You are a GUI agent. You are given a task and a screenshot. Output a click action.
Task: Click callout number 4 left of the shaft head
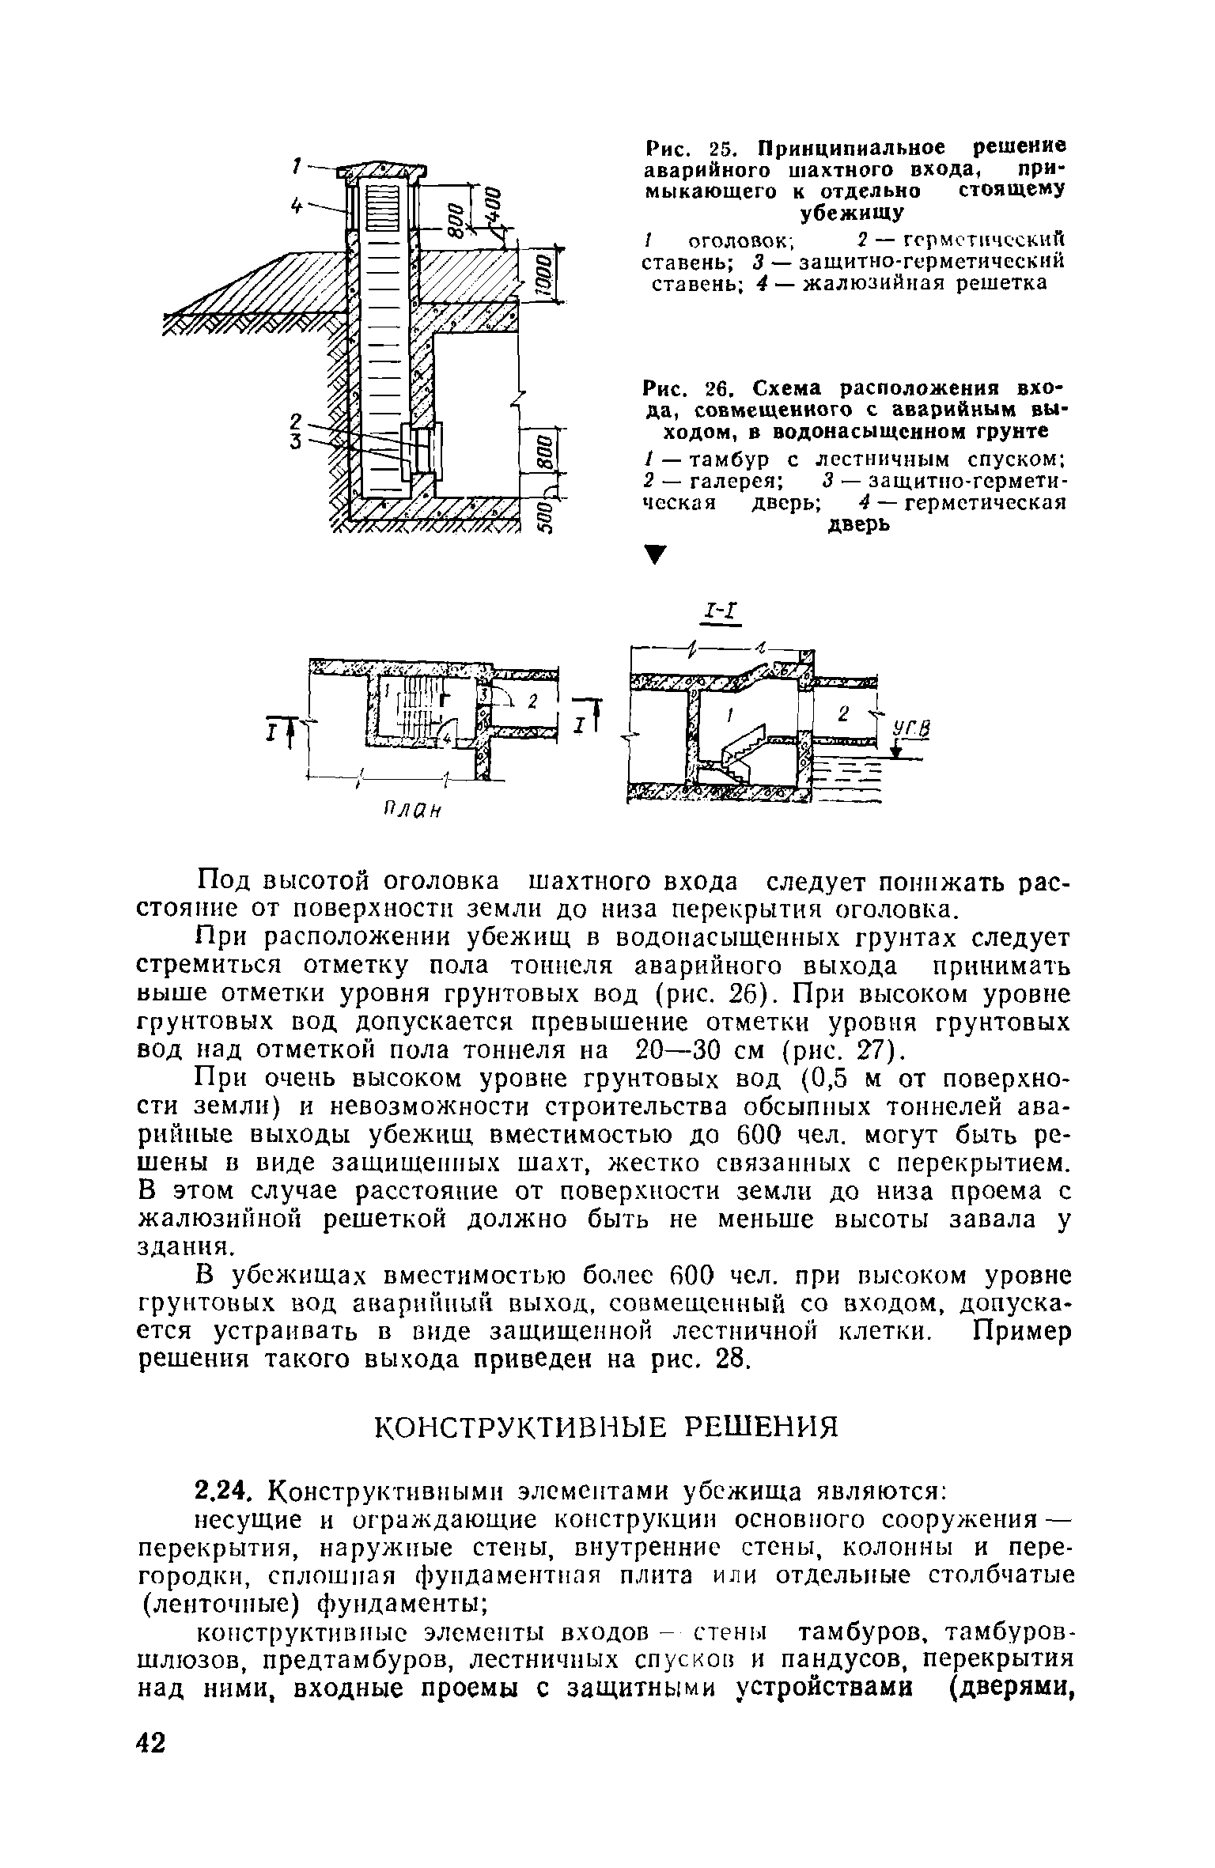[x=297, y=205]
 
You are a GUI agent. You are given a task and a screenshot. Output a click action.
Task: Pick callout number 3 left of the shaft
[x=296, y=442]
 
